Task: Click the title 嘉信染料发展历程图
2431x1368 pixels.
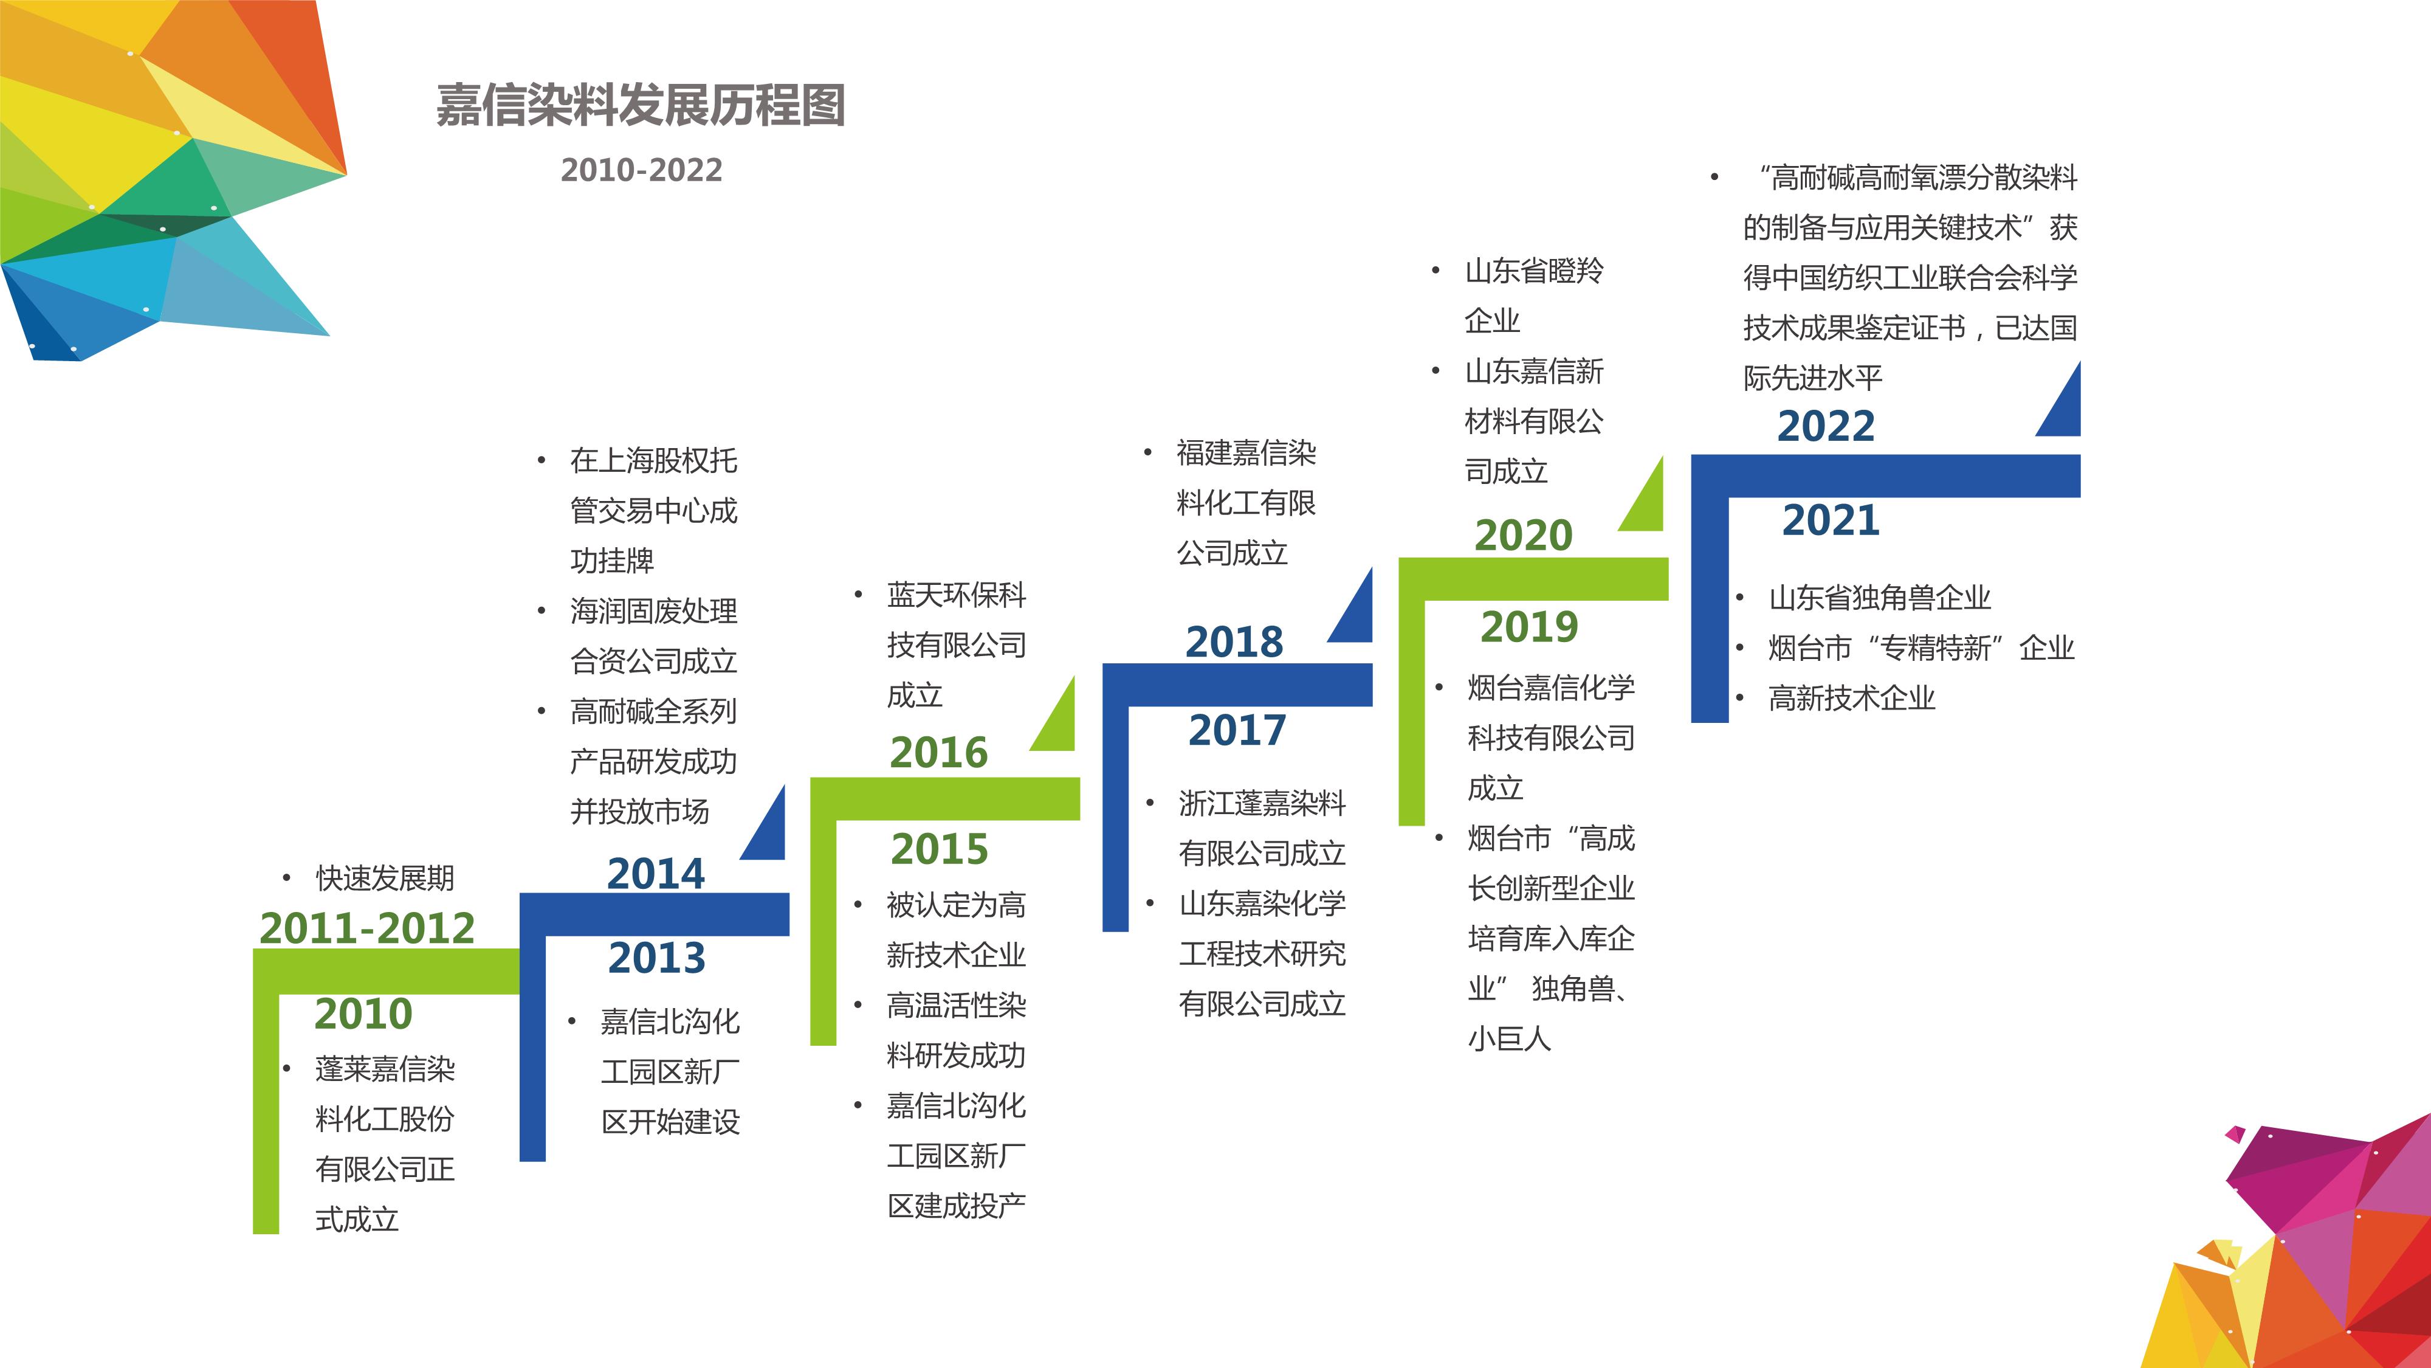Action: (x=640, y=105)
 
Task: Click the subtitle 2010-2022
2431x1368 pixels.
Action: (x=642, y=170)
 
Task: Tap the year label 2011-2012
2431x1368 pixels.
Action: (x=367, y=928)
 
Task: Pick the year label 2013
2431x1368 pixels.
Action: (x=657, y=958)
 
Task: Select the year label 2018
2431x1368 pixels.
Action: (x=1234, y=643)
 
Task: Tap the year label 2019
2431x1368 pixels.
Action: (x=1529, y=627)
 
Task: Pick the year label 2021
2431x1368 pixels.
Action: (x=1831, y=521)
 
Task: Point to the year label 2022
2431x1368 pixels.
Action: (x=1826, y=427)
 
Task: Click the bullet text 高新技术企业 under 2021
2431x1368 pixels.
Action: (x=1852, y=699)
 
